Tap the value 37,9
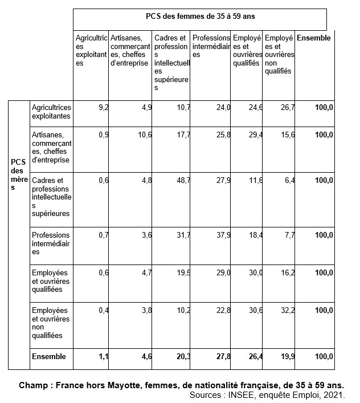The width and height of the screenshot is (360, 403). click(223, 235)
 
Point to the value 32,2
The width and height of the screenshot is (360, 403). click(288, 310)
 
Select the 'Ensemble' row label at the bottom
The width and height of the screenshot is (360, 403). click(49, 357)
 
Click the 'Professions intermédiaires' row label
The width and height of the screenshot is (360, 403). click(51, 243)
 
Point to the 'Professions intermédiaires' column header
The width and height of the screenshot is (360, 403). click(211, 46)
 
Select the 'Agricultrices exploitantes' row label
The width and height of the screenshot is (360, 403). click(51, 111)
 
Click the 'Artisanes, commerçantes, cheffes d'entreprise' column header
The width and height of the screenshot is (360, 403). click(130, 46)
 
